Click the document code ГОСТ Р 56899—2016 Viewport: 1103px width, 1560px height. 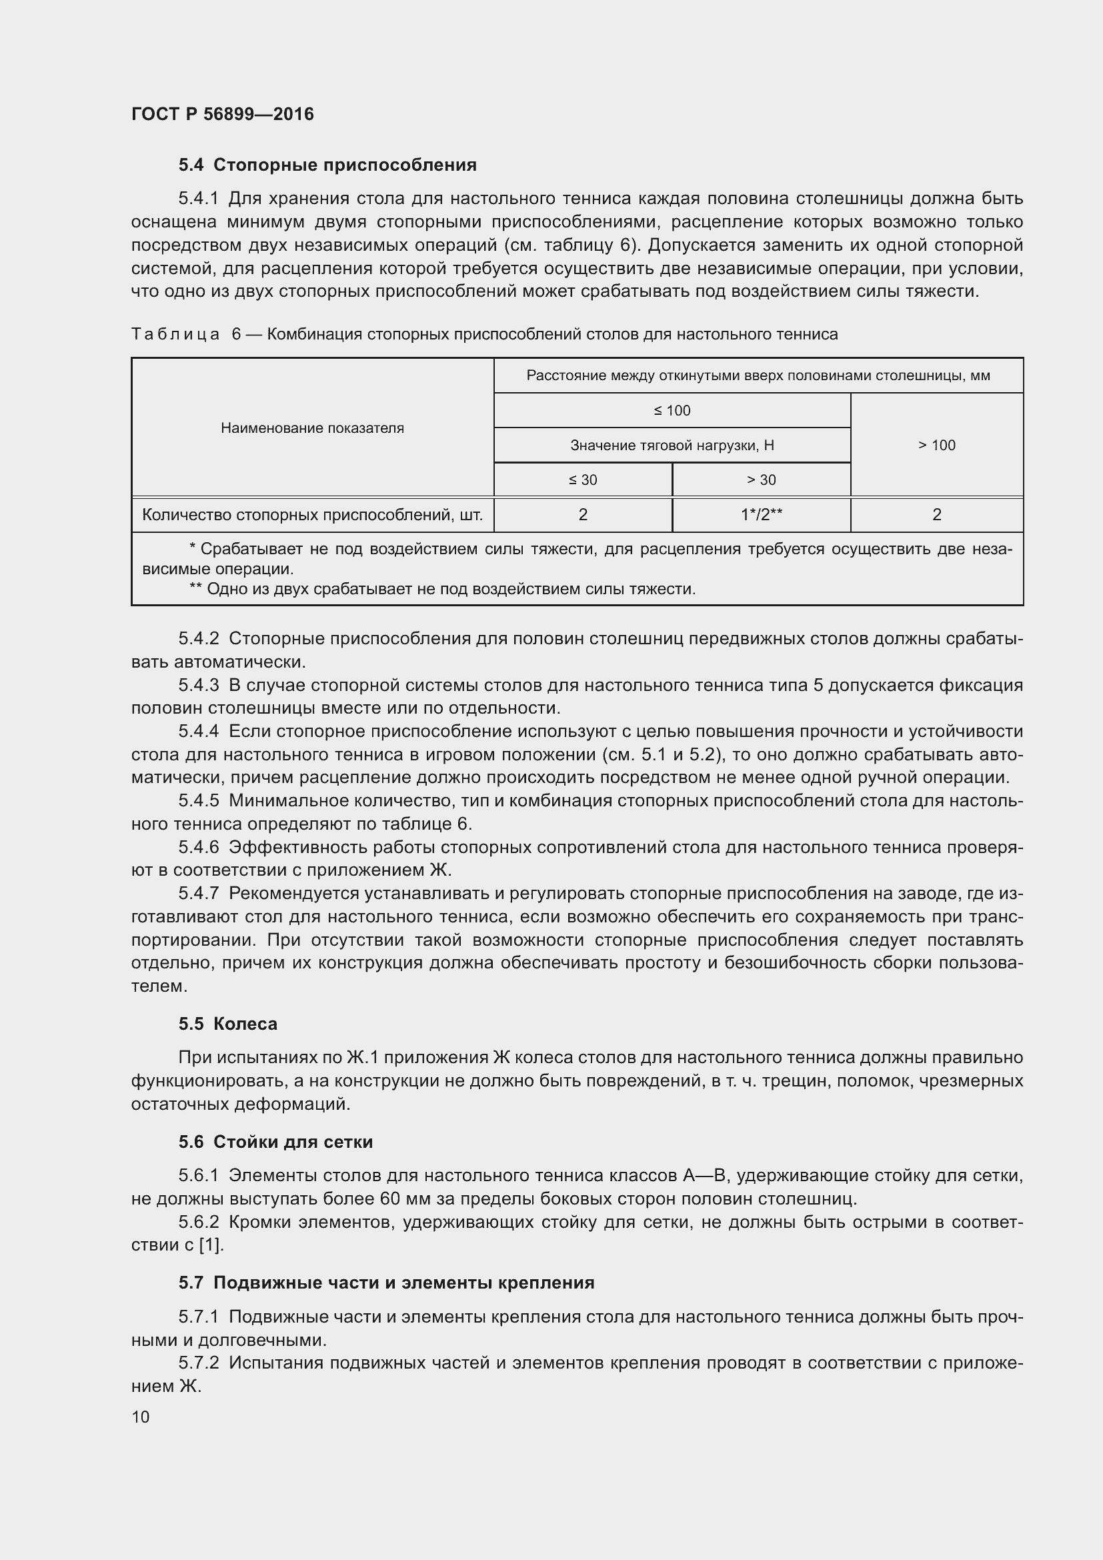click(x=222, y=114)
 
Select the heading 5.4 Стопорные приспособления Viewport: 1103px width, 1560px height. click(x=327, y=165)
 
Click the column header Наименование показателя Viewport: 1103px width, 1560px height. click(x=312, y=428)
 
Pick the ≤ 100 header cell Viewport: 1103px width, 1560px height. click(x=672, y=410)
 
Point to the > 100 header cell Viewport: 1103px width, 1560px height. click(x=936, y=445)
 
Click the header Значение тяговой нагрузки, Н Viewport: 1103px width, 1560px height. click(x=672, y=445)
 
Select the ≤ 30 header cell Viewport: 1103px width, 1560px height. click(x=583, y=480)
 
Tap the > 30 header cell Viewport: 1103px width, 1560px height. click(x=761, y=480)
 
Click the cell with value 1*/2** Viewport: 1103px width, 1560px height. click(x=761, y=514)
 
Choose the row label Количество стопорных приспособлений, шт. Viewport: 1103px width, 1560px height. click(x=312, y=514)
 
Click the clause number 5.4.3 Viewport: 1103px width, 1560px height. click(x=198, y=685)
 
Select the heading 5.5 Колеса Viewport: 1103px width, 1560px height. click(x=227, y=1024)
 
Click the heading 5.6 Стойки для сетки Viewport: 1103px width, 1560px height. click(x=276, y=1141)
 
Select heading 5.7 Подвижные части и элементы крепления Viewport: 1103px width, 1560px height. click(x=387, y=1283)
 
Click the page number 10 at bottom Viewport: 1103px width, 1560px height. click(x=141, y=1417)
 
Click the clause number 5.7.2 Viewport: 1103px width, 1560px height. click(x=198, y=1363)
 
